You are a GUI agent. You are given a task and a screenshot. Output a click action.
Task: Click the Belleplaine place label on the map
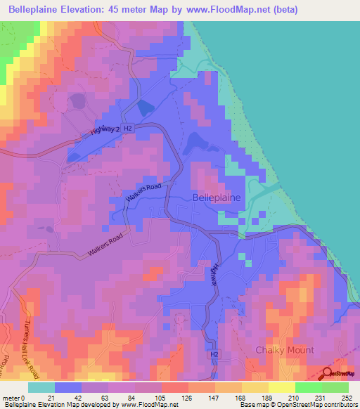click(x=217, y=198)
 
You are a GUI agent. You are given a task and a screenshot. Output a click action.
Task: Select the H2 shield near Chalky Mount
click(x=214, y=356)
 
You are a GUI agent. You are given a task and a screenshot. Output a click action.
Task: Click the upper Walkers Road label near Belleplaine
click(x=143, y=193)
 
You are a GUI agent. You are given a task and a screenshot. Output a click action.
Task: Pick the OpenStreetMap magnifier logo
click(x=327, y=375)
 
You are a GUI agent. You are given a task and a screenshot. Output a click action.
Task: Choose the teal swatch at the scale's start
click(x=41, y=387)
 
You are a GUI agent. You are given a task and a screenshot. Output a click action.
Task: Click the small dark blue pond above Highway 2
click(x=146, y=108)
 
